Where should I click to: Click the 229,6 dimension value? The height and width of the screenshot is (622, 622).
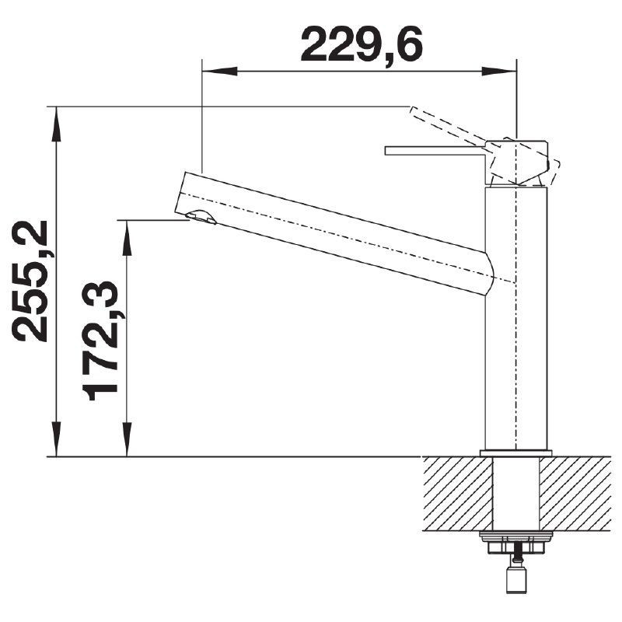pos(362,44)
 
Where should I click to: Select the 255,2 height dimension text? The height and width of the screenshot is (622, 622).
pos(30,281)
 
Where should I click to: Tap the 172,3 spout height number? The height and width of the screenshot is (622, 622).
pos(100,341)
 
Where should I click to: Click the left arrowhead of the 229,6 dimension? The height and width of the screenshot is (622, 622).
pos(220,72)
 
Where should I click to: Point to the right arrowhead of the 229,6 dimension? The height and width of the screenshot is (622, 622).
pos(499,72)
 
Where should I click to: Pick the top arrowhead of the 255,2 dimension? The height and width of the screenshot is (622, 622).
pos(57,124)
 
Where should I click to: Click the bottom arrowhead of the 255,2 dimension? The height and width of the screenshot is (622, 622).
pos(57,439)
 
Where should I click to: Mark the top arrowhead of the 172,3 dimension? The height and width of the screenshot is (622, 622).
pos(127,237)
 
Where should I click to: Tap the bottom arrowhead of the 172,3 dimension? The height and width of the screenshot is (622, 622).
pos(127,439)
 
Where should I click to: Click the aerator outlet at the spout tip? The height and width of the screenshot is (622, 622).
pos(201,217)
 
